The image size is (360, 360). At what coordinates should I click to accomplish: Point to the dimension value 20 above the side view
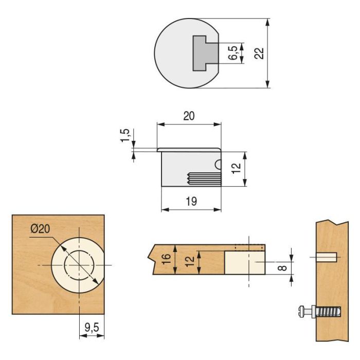tap(189, 116)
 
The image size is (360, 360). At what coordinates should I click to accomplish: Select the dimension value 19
tap(191, 202)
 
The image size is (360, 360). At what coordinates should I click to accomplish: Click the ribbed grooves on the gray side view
tap(203, 179)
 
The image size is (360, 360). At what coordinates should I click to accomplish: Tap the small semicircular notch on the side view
tap(219, 165)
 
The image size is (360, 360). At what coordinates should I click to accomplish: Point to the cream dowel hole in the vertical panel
tap(327, 256)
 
